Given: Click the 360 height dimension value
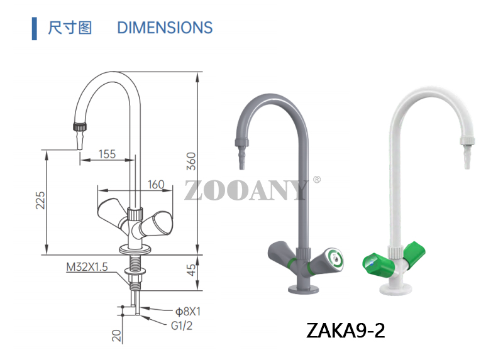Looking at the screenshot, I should tap(192, 162).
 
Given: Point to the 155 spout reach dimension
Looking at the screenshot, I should tap(107, 154).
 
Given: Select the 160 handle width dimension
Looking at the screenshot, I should tap(155, 185).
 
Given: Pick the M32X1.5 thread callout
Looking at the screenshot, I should tap(87, 267).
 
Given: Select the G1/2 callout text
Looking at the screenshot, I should tap(183, 325).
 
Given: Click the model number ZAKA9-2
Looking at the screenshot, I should tap(345, 329).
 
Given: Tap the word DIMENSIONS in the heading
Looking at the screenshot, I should tap(165, 28).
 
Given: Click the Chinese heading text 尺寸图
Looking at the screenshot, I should tap(70, 28).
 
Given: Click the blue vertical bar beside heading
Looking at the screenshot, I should tap(34, 28).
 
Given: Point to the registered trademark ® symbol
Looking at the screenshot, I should tap(316, 180).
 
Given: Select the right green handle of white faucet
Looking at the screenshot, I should tap(415, 250).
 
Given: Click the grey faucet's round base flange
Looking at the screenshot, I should tap(305, 288).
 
